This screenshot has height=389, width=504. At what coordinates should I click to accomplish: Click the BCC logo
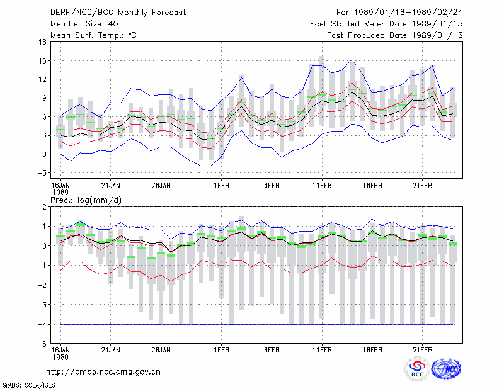(417, 369)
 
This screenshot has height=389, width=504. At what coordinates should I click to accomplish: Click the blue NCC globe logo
(446, 369)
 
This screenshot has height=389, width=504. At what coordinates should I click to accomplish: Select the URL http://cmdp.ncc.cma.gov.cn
(103, 372)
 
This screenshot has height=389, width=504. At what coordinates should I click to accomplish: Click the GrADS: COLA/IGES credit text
(29, 385)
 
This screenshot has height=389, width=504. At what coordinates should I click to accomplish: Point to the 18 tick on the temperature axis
(42, 42)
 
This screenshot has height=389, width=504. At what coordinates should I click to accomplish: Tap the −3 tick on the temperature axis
(42, 173)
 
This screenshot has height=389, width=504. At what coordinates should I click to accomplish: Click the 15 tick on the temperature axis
(42, 60)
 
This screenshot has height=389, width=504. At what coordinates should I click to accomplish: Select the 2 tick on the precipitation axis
(44, 207)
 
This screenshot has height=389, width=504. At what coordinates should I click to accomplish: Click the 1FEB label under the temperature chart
(222, 186)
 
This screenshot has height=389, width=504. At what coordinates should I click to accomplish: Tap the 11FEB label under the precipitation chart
(322, 350)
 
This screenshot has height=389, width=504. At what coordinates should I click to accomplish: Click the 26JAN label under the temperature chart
(161, 186)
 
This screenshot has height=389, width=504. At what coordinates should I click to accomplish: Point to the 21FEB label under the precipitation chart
(422, 350)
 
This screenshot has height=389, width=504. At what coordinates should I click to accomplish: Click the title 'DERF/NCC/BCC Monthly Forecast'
(118, 13)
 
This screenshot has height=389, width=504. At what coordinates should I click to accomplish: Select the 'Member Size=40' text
(84, 24)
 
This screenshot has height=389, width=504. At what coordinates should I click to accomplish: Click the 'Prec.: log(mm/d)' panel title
(86, 200)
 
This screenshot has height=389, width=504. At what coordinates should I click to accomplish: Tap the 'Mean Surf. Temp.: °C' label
(93, 35)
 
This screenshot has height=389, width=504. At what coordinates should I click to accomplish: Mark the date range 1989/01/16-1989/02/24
(408, 13)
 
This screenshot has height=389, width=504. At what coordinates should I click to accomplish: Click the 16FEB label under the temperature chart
(372, 186)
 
